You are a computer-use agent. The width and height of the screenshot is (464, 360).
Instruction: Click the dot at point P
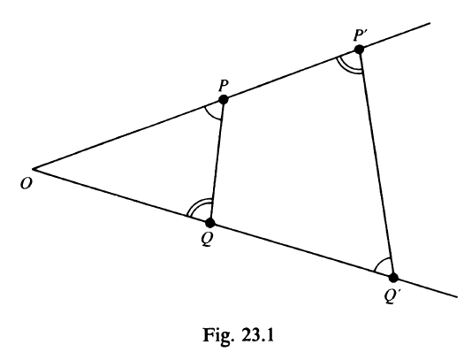pos(223,99)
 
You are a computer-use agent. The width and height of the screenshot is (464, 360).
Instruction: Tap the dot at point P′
pos(359,50)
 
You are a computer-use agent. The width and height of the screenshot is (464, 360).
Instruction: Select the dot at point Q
pos(210,222)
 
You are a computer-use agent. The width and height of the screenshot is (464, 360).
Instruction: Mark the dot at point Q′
pos(393,278)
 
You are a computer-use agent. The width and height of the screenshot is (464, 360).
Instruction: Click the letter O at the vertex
pos(26,184)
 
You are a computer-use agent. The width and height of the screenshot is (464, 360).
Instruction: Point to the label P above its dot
pos(224,86)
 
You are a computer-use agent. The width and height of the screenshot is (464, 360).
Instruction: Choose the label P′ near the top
pos(360,35)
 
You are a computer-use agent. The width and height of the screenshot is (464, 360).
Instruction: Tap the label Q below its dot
pos(207,239)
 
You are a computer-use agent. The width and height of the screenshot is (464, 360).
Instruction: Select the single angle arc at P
pos(209,114)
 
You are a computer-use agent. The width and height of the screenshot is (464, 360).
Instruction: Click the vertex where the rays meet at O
pos(33,169)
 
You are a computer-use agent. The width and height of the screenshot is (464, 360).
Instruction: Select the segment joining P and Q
pos(217,161)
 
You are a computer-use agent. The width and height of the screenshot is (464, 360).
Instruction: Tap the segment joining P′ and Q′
pos(377,164)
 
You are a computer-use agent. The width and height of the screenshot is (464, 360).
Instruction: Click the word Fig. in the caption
pos(217,335)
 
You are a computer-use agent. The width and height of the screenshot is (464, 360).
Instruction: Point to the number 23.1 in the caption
pos(257,334)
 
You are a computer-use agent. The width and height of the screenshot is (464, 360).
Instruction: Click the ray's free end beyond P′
pos(430,23)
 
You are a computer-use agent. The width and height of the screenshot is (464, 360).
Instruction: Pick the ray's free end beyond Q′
pos(457,296)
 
